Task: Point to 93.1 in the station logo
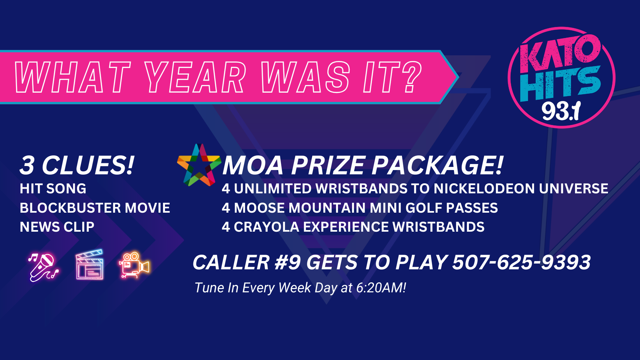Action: coord(561,111)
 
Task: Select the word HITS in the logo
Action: coord(560,83)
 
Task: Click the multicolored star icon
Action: coord(199,165)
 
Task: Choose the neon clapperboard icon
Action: coord(90,265)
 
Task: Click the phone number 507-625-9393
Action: coord(521,262)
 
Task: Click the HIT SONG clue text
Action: coord(53,189)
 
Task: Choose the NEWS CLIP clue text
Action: coord(57,227)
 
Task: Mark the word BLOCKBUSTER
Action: coord(70,208)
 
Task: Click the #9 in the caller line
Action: coord(288,262)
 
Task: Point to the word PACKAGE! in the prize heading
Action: coord(437,165)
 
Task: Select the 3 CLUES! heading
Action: coord(77,165)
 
